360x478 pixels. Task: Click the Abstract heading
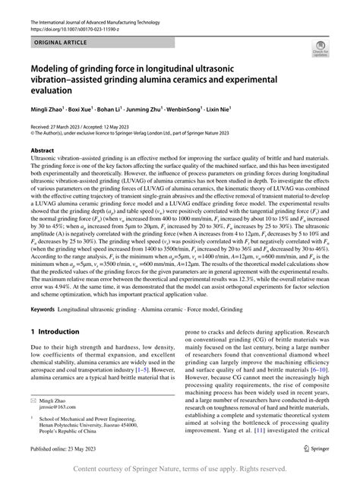43,151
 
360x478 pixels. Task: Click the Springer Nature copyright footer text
179,468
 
